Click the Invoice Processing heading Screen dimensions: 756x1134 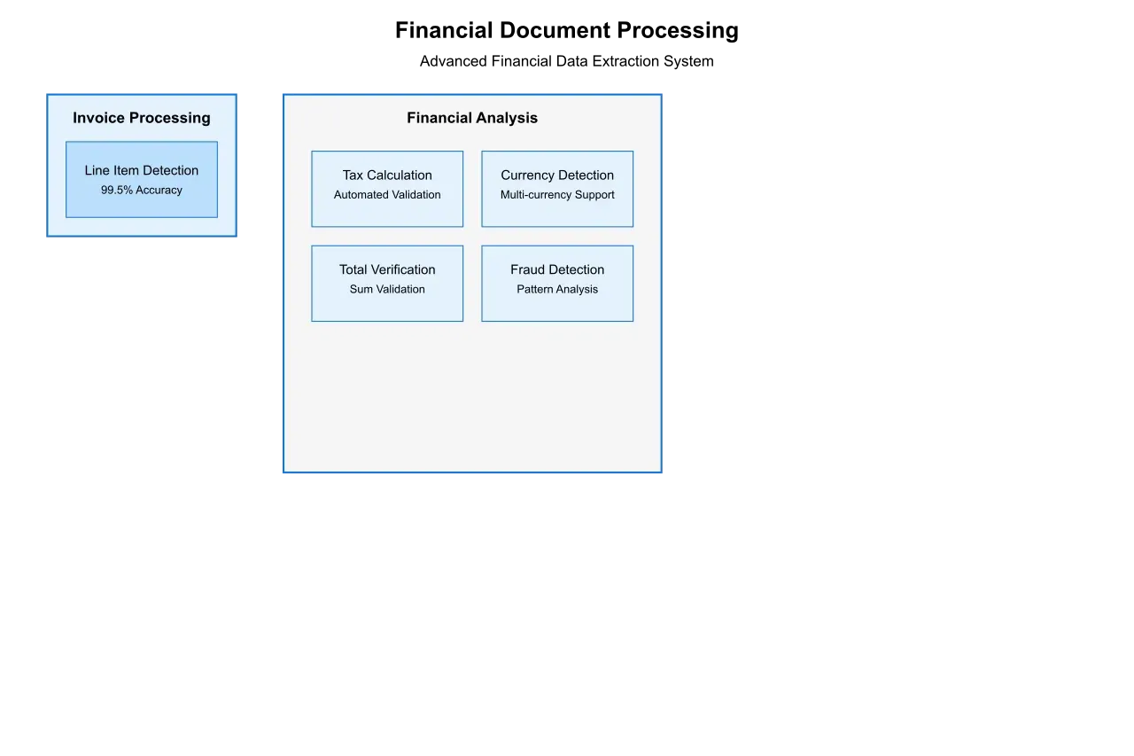[142, 118]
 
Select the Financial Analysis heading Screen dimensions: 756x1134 [472, 118]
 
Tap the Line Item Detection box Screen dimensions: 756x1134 [142, 179]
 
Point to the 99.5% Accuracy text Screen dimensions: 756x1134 [142, 191]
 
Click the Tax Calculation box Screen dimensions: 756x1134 [387, 188]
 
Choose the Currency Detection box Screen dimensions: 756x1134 [557, 188]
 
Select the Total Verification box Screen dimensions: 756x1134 [387, 283]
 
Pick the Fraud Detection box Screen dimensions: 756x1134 [557, 283]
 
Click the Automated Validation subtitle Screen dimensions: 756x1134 [387, 195]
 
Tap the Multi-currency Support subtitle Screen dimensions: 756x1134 [557, 195]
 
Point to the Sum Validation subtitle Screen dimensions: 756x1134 [387, 290]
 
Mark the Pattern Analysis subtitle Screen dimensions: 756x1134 [557, 290]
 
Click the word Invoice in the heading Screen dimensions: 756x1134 [98, 118]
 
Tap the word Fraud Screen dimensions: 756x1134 [529, 269]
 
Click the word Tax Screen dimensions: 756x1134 [353, 175]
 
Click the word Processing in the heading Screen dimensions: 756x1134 [170, 118]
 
